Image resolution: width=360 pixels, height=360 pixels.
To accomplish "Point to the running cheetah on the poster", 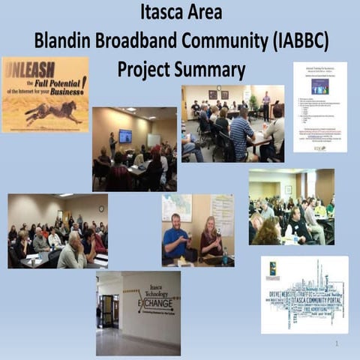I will (x=52, y=112).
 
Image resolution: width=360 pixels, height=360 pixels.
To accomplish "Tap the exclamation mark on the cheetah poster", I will (x=84, y=80).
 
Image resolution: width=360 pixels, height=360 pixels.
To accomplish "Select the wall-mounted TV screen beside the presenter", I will (x=125, y=136).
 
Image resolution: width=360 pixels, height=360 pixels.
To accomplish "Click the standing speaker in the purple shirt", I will (x=265, y=106).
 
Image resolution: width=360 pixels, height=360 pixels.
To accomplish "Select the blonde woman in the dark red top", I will (x=210, y=240).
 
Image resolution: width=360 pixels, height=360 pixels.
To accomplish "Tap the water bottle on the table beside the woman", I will (x=224, y=257).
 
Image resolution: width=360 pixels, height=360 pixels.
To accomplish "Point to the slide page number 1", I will (x=337, y=343).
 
